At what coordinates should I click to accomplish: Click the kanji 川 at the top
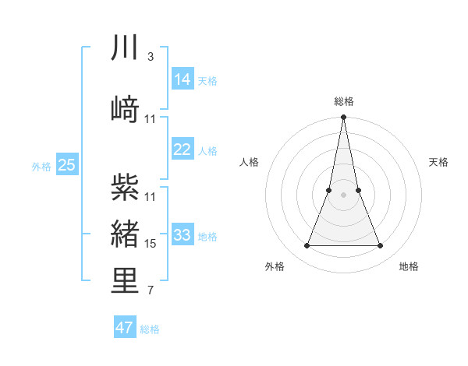tap(125, 48)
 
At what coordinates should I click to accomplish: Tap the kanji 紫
tap(125, 186)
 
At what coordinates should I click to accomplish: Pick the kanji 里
tap(125, 282)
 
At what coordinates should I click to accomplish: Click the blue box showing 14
tap(182, 79)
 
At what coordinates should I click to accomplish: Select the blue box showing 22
tap(182, 150)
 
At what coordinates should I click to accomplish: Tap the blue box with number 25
tap(66, 165)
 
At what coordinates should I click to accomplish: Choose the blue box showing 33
tap(182, 235)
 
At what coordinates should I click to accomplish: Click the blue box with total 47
tap(125, 328)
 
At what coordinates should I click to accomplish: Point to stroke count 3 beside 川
tap(150, 57)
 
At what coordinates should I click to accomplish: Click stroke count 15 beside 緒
tap(151, 244)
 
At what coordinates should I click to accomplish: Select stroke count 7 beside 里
tap(150, 291)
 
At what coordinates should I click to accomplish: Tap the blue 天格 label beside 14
tap(207, 80)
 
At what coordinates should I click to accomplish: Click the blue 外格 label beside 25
tap(41, 166)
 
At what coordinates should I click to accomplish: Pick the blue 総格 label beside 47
tap(150, 329)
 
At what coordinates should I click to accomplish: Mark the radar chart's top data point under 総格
tap(343, 118)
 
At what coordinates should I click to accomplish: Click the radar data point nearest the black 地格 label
tap(381, 246)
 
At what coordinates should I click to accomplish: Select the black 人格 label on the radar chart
tap(250, 162)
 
